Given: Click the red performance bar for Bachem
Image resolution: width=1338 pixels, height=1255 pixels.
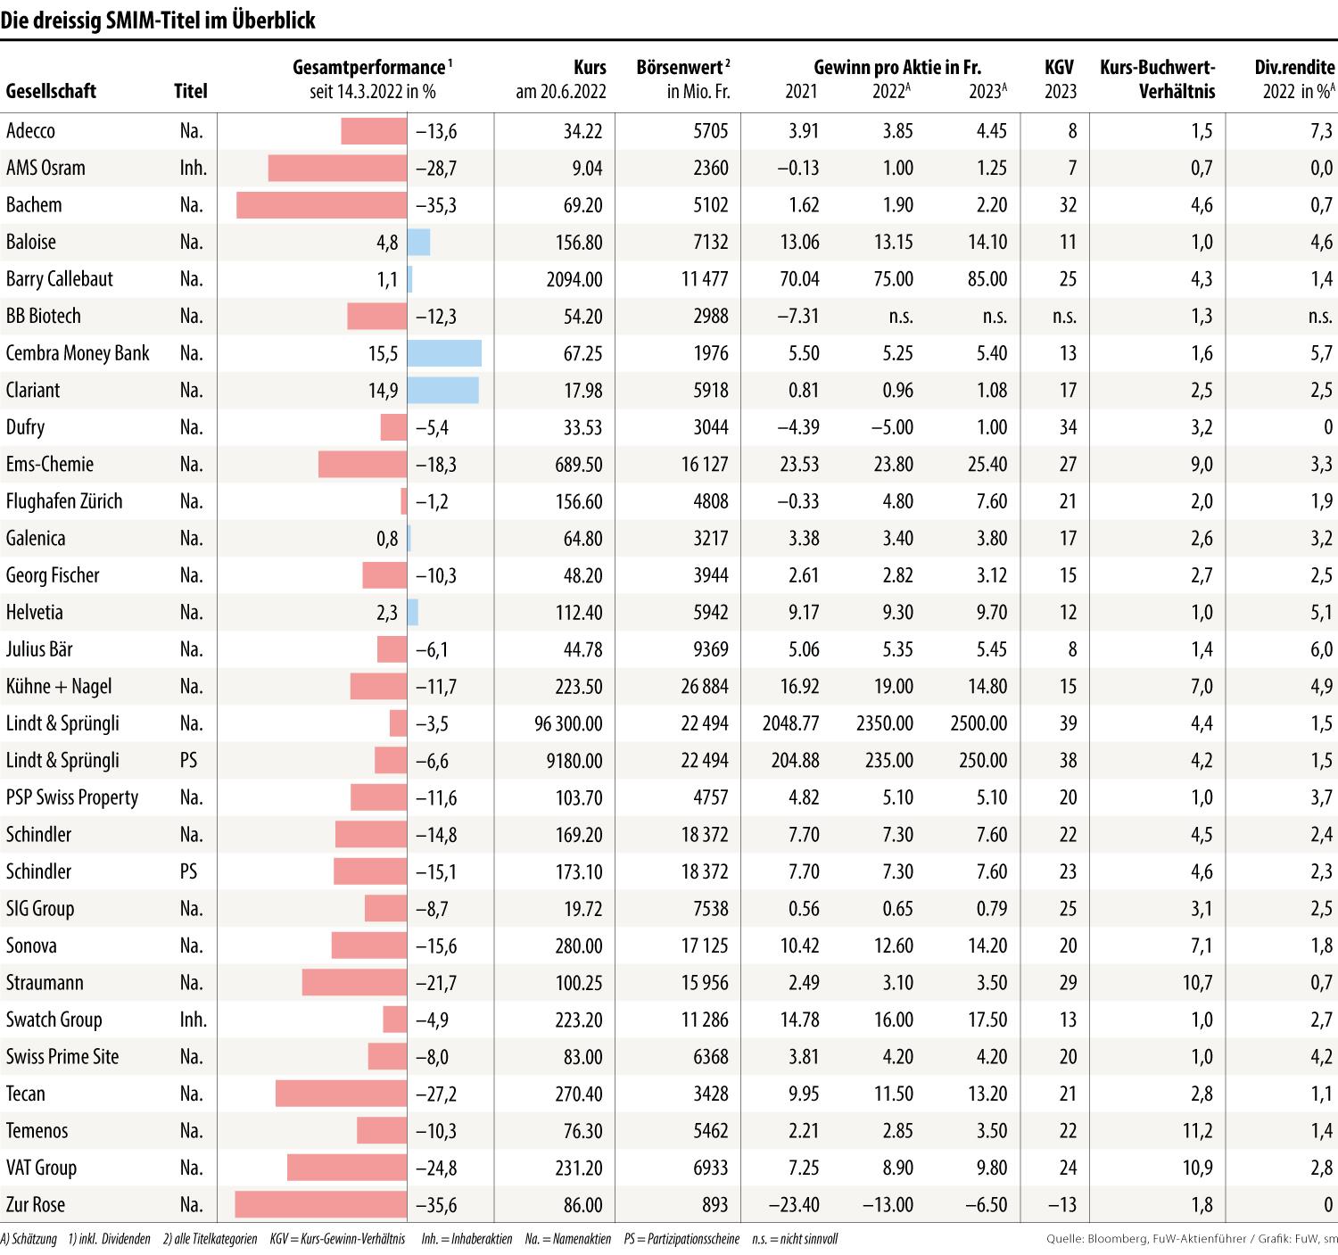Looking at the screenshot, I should pyautogui.click(x=321, y=205).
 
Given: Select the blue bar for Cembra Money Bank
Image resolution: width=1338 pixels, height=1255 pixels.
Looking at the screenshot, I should pyautogui.click(x=444, y=353).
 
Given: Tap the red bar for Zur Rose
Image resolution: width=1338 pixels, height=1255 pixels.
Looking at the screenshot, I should pyautogui.click(x=320, y=1205).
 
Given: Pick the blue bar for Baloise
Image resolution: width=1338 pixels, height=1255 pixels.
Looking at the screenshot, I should pyautogui.click(x=418, y=243).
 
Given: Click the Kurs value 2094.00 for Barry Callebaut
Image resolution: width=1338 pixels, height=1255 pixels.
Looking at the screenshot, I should pyautogui.click(x=574, y=279).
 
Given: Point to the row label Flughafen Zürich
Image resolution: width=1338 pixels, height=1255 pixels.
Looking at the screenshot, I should pyautogui.click(x=64, y=501).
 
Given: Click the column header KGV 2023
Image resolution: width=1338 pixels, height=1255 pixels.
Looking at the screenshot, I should pyautogui.click(x=1060, y=79).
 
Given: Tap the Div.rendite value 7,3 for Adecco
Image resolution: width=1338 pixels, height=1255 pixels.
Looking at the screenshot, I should pyautogui.click(x=1322, y=131).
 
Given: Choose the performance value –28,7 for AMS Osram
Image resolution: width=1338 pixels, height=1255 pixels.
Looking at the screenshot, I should pyautogui.click(x=436, y=169).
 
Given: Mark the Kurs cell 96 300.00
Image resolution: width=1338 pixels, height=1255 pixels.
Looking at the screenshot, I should pyautogui.click(x=568, y=723).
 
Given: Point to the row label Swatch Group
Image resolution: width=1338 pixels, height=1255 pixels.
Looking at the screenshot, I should pyautogui.click(x=54, y=1020).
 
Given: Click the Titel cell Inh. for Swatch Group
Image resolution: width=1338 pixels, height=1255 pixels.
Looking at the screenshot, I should pyautogui.click(x=193, y=1020).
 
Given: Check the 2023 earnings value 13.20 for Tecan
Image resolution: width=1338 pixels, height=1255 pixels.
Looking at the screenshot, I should pyautogui.click(x=987, y=1094).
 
